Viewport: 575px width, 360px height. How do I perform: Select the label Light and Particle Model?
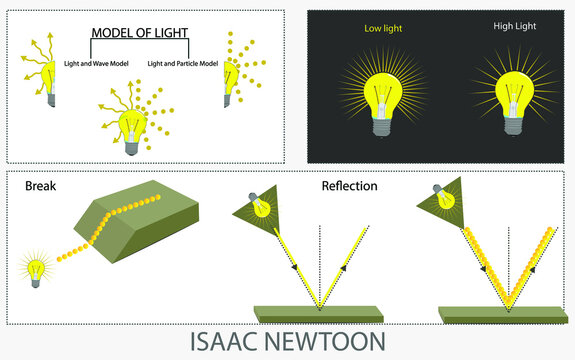183,63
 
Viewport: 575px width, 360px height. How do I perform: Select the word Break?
41,186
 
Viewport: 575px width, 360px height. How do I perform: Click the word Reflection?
349,186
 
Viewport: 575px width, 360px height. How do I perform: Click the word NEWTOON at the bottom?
336,341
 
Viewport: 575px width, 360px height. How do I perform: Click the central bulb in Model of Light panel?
131,127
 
